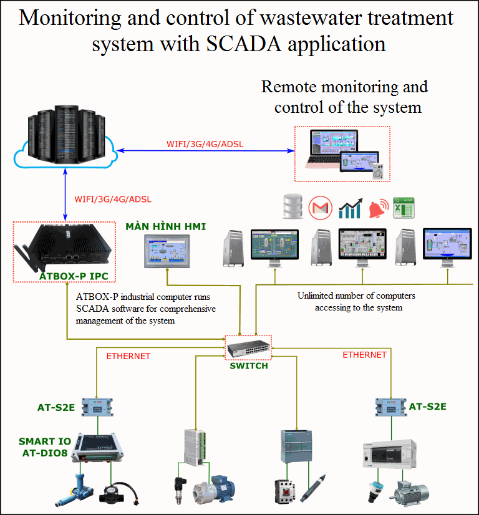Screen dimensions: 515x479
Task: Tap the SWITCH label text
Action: (249, 366)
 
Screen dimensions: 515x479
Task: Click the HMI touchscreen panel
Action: (168, 252)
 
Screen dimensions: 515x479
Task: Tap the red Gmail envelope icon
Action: (320, 207)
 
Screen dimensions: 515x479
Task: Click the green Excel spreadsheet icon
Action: (404, 207)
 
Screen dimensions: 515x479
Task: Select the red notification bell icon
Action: (377, 209)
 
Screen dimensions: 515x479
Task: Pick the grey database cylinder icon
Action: (292, 206)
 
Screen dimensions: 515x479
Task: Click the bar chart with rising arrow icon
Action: (351, 208)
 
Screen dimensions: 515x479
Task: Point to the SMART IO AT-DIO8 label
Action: (44, 446)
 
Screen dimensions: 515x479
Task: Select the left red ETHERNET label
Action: (128, 356)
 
